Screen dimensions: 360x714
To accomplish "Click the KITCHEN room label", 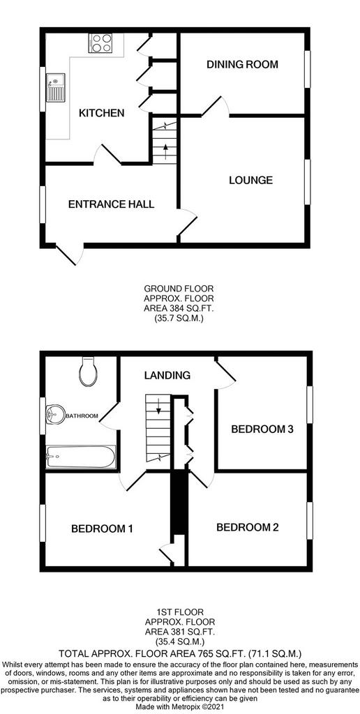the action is pos(102,113).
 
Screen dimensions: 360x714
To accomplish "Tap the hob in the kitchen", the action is pos(101,43).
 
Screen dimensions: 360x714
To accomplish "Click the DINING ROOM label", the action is pos(242,64).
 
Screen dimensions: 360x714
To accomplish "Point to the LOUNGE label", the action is pos(250,181).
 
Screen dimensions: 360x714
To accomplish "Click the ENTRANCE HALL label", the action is pos(111,204).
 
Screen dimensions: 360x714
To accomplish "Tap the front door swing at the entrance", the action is pos(70,255).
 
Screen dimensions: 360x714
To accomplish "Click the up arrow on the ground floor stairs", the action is pos(165,151).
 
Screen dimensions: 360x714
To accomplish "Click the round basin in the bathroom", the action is pos(55,415).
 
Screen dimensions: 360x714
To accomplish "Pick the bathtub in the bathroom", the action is pos(81,456).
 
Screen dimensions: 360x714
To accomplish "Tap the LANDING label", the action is pos(167,376).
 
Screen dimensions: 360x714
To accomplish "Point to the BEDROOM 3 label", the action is pos(262,429).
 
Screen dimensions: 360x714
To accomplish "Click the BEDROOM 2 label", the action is pos(247,528).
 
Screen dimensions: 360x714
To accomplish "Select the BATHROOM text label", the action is pos(82,416).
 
